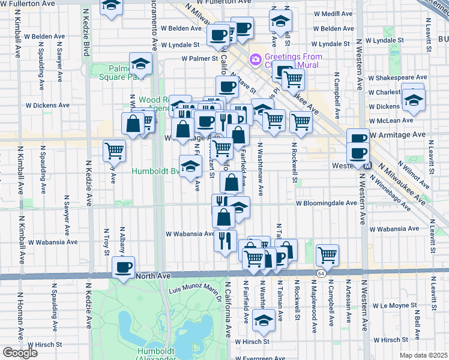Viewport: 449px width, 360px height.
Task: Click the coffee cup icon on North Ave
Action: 124,267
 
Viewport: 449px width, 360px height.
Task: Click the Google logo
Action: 20,353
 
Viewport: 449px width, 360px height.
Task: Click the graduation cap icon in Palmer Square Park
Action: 140,64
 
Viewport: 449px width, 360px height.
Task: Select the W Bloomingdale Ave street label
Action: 326,203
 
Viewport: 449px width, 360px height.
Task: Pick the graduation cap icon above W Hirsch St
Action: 262,321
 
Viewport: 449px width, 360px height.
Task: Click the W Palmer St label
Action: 199,59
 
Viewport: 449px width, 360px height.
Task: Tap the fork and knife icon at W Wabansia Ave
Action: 224,241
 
